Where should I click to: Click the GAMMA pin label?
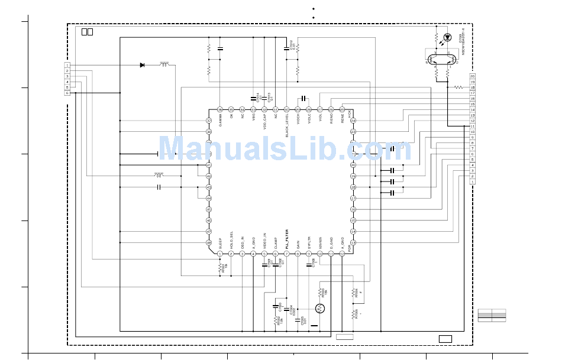point(220,121)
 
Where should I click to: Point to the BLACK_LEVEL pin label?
point(287,125)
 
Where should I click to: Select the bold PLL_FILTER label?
point(287,238)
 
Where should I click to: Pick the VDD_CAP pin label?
point(264,122)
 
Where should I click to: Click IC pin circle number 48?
point(209,242)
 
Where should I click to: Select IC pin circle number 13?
point(353,242)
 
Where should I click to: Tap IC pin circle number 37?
point(209,121)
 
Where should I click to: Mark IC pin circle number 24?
point(353,121)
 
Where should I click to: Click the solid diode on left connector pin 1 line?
point(142,65)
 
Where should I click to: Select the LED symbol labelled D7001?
point(447,37)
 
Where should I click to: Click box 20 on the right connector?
point(473,76)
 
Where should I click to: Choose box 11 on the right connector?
point(473,126)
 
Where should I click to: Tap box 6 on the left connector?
point(67,93)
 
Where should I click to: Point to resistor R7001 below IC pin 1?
point(220,268)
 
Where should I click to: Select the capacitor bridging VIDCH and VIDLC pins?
point(303,98)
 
